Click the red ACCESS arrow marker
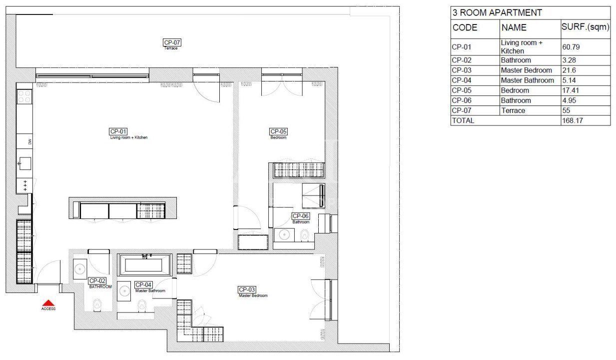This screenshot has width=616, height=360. pos(48,302)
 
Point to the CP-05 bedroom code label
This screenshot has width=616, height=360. pos(279,131)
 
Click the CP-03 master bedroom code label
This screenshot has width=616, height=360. pos(247,289)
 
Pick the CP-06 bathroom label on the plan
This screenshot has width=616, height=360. pos(301,216)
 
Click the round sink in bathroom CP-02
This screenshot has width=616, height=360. pos(80,269)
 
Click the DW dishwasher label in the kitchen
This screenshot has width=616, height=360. pos(30,141)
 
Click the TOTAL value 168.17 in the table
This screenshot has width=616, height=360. pos(573,120)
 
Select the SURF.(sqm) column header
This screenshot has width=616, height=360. pos(585,27)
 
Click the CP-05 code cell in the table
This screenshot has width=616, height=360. pos(462,90)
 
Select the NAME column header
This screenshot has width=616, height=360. pos(514,28)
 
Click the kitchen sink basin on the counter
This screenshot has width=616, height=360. pos(24,163)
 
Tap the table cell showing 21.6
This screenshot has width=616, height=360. pos(569,70)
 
